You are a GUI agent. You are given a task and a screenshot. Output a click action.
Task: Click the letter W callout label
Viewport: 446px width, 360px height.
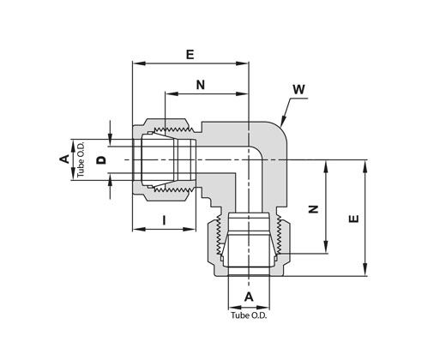298,89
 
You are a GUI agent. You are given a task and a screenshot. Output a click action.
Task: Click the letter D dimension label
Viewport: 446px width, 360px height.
101,160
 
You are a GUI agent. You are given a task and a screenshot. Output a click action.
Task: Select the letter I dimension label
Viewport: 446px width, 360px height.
164,220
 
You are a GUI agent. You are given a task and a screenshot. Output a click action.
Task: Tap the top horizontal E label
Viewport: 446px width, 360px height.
190,54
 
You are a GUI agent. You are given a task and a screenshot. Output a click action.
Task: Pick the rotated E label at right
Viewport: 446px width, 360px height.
354,219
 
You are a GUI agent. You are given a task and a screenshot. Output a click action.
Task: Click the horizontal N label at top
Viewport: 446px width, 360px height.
201,85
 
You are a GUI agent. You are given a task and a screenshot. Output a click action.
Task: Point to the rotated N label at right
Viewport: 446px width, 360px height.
314,209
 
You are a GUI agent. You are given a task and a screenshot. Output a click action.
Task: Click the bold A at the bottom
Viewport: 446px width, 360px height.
249,297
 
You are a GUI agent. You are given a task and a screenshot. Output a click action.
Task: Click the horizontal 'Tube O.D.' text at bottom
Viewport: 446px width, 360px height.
249,315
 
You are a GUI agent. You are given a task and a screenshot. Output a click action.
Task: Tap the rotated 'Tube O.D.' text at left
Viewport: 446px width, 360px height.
81,159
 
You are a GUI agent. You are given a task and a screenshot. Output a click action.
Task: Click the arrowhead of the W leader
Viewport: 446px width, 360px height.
282,122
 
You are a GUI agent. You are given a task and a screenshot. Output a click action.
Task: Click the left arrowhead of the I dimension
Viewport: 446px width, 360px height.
139,229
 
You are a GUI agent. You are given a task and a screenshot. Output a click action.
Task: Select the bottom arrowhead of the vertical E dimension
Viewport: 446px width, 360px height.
365,270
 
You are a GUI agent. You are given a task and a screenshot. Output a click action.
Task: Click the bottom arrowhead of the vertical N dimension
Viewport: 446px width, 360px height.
326,247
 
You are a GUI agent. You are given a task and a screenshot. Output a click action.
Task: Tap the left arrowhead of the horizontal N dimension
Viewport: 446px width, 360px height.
172,93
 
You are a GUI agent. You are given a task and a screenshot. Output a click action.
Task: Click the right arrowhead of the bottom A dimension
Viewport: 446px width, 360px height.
263,308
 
